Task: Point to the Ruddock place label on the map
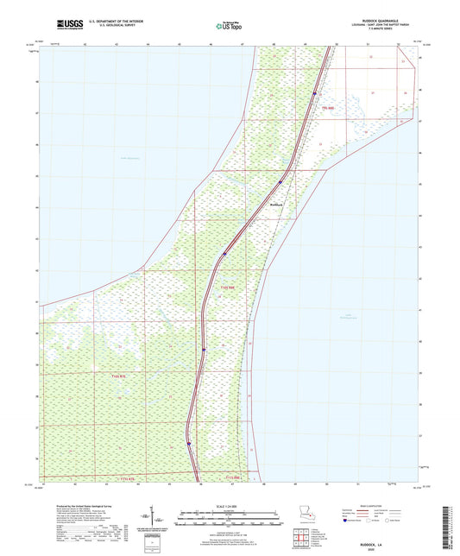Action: pos(276,204)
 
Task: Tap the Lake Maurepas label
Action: pos(129,158)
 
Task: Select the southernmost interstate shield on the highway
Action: pos(188,445)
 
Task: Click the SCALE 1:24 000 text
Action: pos(230,506)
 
